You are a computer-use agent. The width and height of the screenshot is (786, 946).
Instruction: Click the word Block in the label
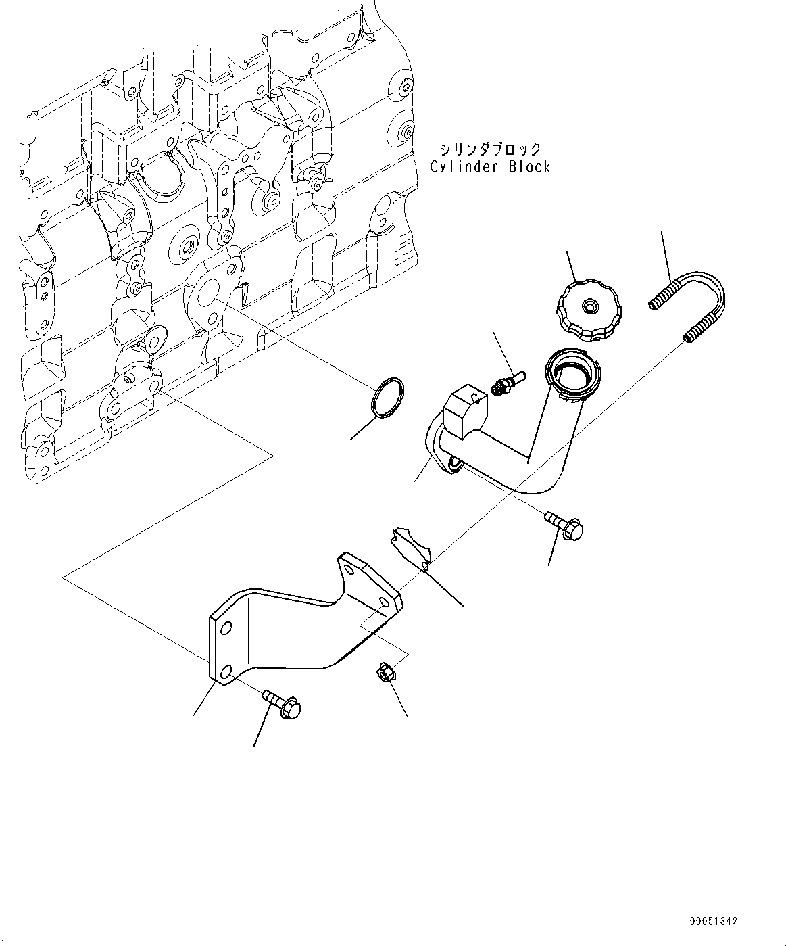click(529, 167)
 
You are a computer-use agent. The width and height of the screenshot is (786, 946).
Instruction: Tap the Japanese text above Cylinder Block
click(491, 149)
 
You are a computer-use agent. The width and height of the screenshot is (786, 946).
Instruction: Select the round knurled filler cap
click(589, 310)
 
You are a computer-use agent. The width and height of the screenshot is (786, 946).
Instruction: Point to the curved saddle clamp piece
click(411, 549)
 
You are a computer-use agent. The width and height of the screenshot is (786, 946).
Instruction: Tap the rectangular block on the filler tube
click(466, 411)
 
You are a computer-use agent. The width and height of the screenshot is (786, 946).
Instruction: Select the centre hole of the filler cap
click(589, 307)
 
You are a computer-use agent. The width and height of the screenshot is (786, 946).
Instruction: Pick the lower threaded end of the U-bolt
click(702, 331)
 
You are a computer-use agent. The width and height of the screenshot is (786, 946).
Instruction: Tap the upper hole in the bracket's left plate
click(226, 628)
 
